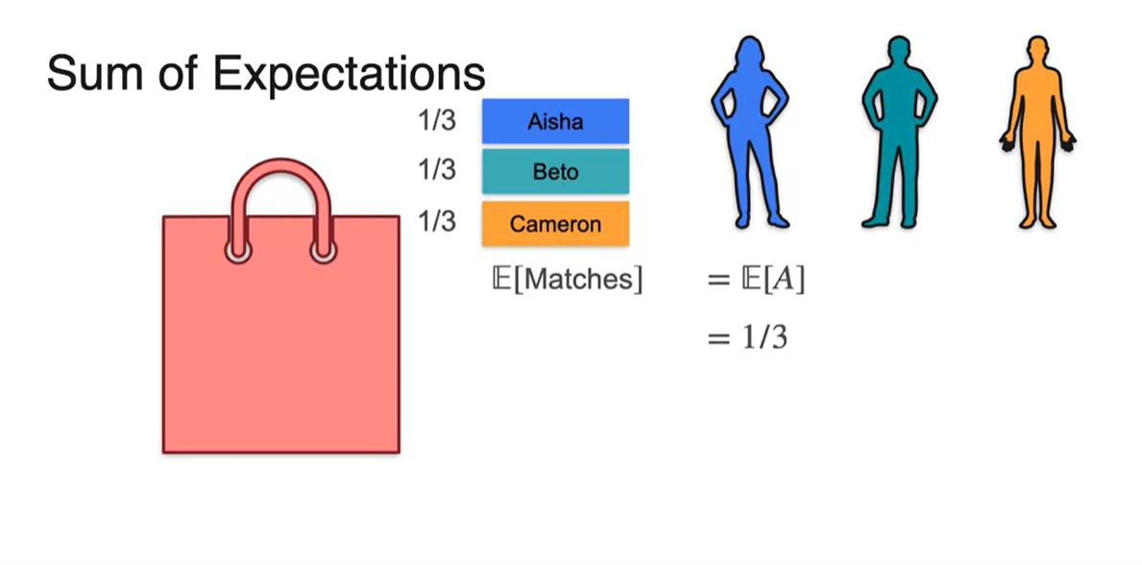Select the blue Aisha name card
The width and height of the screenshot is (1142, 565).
(555, 121)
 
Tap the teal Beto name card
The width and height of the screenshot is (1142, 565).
(555, 172)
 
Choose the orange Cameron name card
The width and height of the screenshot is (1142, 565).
(555, 224)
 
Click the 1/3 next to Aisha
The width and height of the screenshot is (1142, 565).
(437, 121)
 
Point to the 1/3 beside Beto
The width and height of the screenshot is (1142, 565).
(437, 170)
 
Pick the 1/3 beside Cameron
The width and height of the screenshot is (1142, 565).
(437, 221)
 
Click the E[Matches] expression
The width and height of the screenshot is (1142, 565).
(566, 280)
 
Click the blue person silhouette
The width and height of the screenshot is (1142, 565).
(749, 135)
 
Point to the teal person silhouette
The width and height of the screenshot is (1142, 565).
(898, 135)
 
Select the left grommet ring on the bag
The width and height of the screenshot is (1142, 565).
(238, 252)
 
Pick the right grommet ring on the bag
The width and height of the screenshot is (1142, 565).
(324, 252)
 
